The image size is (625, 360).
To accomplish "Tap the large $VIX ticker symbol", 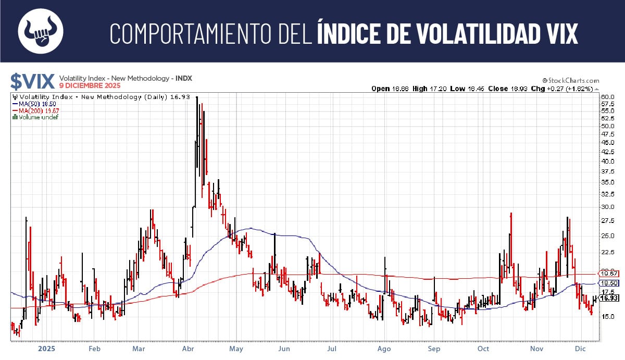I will click(32, 81).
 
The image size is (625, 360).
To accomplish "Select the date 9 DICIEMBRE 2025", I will click(90, 85).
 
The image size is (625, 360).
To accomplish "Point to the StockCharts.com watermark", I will click(570, 81).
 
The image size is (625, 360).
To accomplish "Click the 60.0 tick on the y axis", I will click(608, 97).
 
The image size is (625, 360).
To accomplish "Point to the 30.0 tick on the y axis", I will click(608, 207).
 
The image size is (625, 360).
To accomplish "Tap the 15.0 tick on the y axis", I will click(608, 317).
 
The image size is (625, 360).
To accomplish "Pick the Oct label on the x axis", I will click(483, 349).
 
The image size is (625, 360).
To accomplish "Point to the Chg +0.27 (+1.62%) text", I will click(567, 89).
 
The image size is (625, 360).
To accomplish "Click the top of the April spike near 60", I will click(197, 98).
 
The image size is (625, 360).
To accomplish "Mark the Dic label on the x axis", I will click(580, 349).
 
